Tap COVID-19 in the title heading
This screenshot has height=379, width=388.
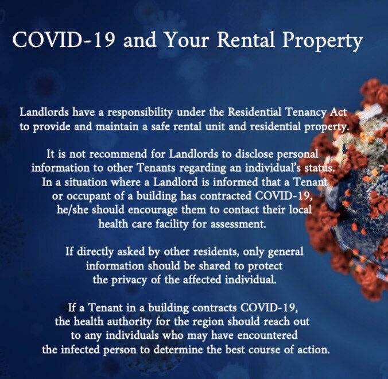click(53, 41)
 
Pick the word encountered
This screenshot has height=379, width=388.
click(256, 335)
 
